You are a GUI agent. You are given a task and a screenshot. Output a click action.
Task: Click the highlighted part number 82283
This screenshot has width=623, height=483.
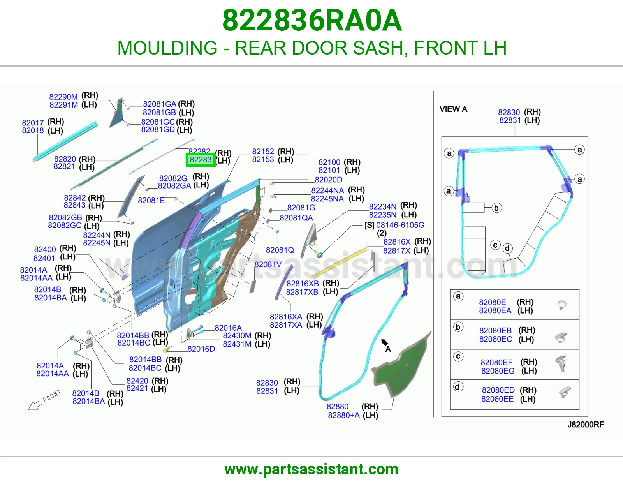[201, 160]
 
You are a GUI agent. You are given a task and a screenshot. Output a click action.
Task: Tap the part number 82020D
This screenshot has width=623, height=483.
[329, 180]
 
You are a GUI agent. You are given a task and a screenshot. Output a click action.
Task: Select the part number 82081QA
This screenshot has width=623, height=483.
[296, 218]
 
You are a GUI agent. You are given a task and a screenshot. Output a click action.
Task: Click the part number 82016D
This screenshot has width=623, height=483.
[201, 349]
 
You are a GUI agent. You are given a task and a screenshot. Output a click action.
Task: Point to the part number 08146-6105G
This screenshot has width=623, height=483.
[400, 225]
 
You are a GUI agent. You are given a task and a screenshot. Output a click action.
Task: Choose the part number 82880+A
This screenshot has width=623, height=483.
[344, 415]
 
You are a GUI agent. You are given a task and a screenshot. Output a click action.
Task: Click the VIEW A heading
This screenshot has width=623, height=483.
[453, 109]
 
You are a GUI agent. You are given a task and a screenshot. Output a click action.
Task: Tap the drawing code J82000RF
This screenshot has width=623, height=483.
[586, 425]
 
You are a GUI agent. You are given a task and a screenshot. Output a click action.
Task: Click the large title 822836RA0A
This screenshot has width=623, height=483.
[312, 21]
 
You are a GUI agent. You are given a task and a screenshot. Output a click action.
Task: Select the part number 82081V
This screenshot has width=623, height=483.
[268, 264]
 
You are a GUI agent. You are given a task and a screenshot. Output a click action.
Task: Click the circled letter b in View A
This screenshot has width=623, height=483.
[496, 208]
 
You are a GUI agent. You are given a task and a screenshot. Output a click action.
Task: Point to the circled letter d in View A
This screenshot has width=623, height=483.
[507, 248]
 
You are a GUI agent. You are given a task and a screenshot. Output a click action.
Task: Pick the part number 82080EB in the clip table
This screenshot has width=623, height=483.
[495, 330]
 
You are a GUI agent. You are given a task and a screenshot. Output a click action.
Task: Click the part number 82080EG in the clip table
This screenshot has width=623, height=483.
[498, 371]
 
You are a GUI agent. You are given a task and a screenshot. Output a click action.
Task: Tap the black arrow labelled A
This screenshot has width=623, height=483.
[384, 342]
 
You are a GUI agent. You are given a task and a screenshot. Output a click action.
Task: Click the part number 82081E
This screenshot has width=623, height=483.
[151, 201]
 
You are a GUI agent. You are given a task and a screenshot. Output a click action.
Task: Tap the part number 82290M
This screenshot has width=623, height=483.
[63, 97]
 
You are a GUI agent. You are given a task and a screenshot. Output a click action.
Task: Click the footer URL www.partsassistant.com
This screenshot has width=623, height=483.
[311, 469]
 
